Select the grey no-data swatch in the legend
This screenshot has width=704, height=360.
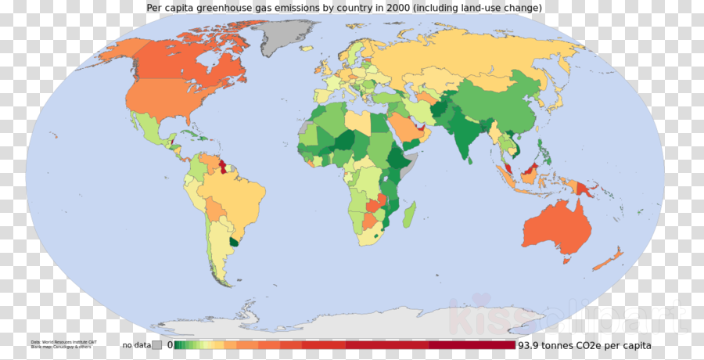[x=156, y=344]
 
